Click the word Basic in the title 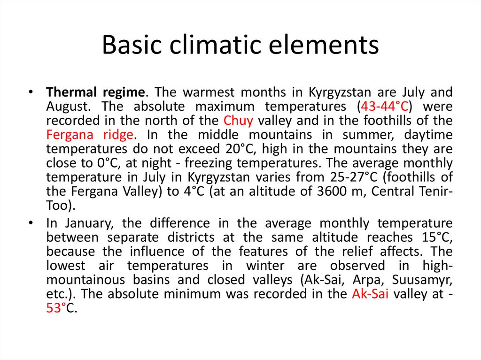pos(127,45)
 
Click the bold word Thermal pos(69,92)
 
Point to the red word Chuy pos(239,120)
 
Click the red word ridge pos(118,135)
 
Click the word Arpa pos(370,280)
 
